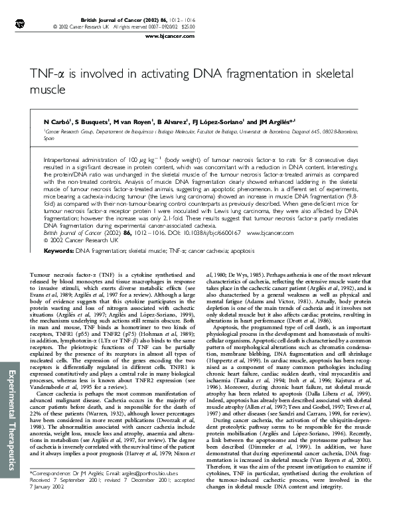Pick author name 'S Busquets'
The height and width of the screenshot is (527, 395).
pyautogui.click(x=91, y=123)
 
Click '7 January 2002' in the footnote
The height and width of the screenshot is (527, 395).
pyautogui.click(x=48, y=504)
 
